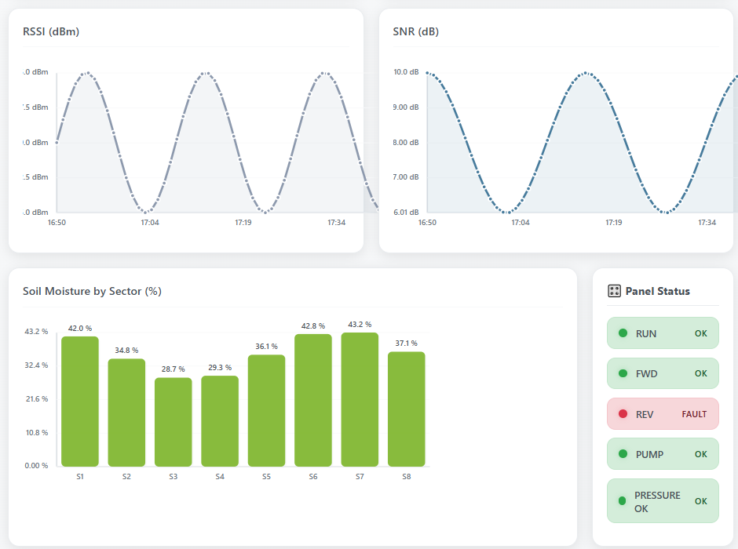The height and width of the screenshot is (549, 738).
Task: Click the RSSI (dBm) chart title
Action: click(51, 32)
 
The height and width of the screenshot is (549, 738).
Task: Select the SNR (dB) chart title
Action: click(415, 32)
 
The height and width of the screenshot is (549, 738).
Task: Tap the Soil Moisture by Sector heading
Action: click(92, 291)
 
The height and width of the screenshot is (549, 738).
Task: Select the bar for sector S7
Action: click(360, 399)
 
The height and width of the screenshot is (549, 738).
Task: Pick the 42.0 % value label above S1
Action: click(80, 329)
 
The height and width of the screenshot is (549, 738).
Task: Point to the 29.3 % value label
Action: click(220, 367)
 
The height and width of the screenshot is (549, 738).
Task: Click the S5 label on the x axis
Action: click(266, 477)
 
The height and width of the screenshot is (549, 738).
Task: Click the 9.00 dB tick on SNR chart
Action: click(406, 107)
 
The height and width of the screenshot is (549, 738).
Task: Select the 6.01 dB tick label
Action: click(406, 213)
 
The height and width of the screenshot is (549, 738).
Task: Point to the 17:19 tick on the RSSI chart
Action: click(243, 223)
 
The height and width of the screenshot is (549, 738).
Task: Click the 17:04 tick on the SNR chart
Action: click(520, 223)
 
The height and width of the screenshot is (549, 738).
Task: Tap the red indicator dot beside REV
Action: click(623, 414)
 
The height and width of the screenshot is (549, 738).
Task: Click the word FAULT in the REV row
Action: click(694, 414)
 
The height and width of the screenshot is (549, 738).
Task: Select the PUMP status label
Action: click(649, 454)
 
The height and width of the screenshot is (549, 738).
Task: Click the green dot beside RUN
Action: click(623, 333)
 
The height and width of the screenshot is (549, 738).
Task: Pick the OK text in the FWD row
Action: click(701, 373)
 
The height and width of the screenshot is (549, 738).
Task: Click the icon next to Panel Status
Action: click(615, 291)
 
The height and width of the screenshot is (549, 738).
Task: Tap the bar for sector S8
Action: click(406, 409)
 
